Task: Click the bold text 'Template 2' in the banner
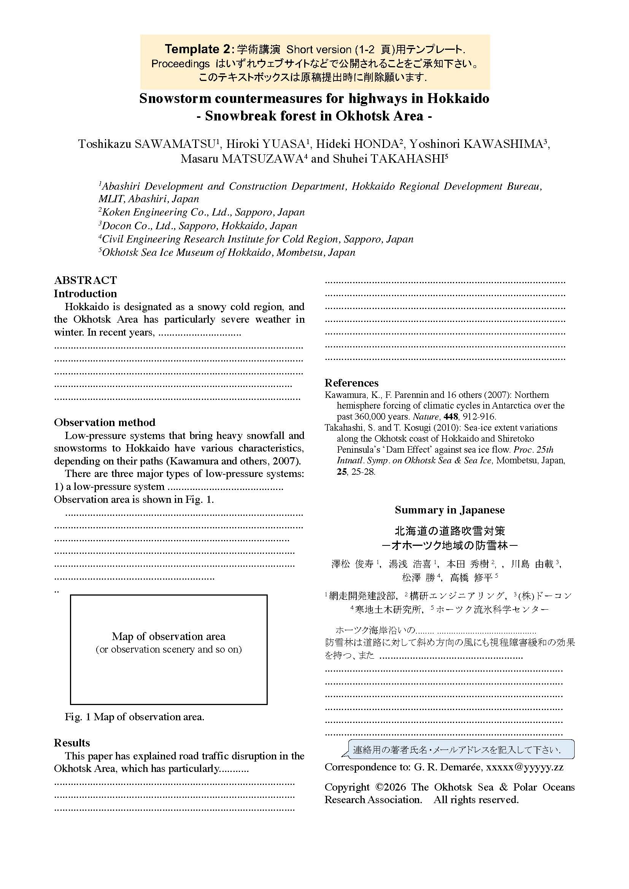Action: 197,49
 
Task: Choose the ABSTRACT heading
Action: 85,280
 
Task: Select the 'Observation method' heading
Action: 105,422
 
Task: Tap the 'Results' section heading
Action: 71,742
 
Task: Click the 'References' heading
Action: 351,383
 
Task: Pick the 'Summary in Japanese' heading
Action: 450,510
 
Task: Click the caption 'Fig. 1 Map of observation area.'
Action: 134,717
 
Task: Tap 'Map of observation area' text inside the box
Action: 168,636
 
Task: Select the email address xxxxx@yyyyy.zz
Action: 525,767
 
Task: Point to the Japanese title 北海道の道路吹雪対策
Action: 450,531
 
